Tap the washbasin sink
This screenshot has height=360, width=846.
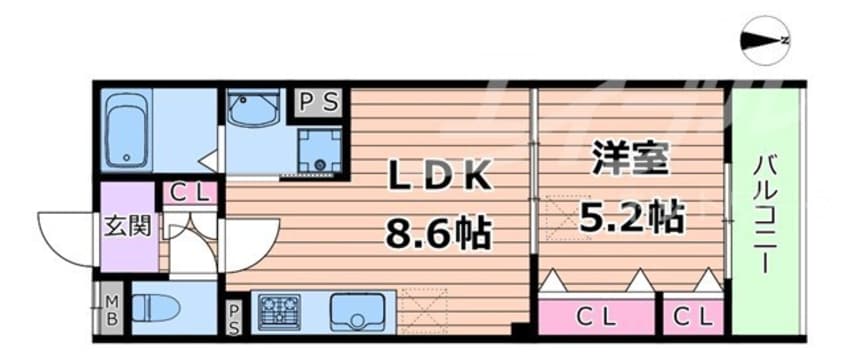tap(254, 108)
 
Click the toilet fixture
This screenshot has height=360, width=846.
tap(159, 309)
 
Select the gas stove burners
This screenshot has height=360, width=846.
tap(279, 312)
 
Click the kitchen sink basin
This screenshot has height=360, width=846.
tap(355, 313)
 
